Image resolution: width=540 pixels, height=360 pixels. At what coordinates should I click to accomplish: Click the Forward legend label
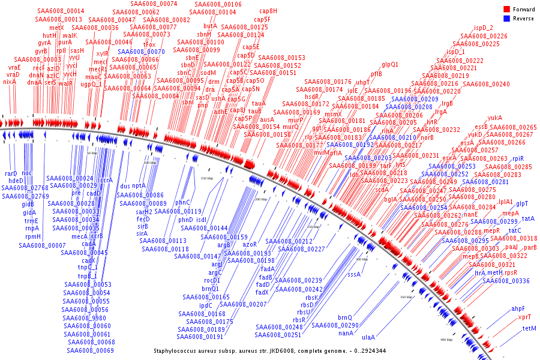coord(523,10)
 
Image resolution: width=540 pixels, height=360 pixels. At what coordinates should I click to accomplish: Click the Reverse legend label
coord(523,19)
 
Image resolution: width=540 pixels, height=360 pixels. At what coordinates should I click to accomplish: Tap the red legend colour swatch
coord(506,10)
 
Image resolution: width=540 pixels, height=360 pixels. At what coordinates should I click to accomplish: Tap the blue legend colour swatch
coord(506,19)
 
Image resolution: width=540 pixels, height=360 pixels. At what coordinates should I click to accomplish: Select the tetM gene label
coord(529,328)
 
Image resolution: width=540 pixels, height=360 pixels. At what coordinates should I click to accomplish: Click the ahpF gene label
coord(518,308)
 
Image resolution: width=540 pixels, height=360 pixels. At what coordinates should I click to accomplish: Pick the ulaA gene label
coord(368,338)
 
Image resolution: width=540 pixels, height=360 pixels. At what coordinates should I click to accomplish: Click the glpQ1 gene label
coord(390,64)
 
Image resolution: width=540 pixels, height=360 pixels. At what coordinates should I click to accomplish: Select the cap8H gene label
coord(268,11)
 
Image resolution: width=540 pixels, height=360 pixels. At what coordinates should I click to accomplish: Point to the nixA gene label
coord(10,82)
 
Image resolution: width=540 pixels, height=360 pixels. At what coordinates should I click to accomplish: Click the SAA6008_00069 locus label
coord(90,350)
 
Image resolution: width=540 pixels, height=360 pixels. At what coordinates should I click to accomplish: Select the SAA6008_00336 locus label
coord(507,281)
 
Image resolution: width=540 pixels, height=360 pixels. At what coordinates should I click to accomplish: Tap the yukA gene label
coord(495,118)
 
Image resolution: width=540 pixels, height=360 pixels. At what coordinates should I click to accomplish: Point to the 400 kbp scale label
coord(446,340)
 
